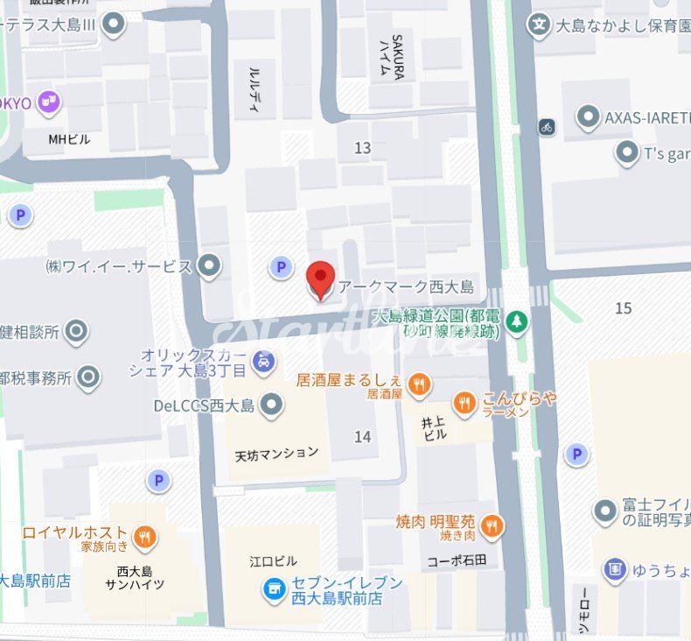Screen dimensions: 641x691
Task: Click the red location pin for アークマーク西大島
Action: coord(321,278)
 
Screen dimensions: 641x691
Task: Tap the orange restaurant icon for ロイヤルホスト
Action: coord(145,536)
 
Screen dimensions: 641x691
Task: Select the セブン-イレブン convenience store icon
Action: coord(275,590)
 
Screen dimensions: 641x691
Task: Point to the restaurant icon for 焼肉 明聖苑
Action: coord(492,525)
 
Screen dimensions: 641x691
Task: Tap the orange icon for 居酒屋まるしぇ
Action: coord(421,383)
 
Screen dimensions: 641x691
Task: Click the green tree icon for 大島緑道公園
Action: coord(518,322)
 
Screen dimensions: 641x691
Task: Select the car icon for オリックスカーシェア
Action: coord(262,360)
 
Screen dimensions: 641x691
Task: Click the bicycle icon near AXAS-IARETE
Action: coord(547,127)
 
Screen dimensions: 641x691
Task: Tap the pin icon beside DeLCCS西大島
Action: coord(273,405)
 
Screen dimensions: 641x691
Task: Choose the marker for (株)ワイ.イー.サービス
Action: coord(209,264)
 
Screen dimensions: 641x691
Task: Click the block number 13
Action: coord(362,148)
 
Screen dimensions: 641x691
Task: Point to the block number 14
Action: coord(362,436)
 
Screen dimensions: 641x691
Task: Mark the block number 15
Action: coord(623,308)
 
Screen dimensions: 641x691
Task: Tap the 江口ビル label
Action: coord(273,561)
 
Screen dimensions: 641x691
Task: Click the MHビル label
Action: coord(69,138)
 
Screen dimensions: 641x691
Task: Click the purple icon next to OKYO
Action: coord(51,102)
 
